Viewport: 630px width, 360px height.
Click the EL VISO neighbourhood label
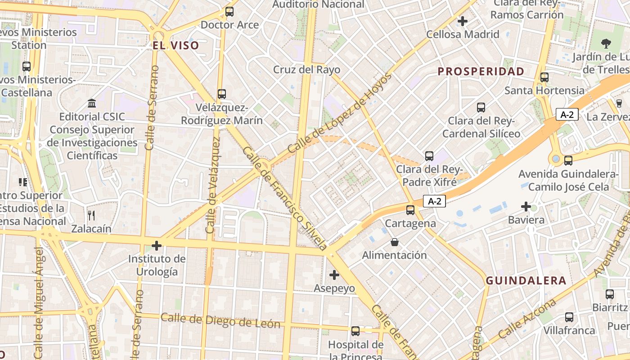tap(175, 45)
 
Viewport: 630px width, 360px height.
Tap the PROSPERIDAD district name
tap(481, 71)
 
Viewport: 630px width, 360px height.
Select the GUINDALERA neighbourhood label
tap(526, 281)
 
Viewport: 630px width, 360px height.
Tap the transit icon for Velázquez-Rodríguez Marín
tap(221, 94)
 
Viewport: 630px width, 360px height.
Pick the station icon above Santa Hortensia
tap(544, 77)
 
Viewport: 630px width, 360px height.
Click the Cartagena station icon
tap(410, 210)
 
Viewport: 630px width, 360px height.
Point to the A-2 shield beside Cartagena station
tap(434, 202)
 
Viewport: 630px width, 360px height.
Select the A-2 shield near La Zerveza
tap(567, 114)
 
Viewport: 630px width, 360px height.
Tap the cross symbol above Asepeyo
tap(334, 274)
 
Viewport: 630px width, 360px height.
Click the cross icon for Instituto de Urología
tap(157, 246)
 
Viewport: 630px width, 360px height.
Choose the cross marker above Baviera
tap(526, 207)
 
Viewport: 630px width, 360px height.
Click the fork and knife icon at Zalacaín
tap(91, 216)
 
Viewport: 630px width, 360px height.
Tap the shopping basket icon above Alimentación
tap(395, 242)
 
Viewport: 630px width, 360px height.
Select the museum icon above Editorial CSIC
tap(92, 103)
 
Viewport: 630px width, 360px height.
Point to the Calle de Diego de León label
tap(220, 321)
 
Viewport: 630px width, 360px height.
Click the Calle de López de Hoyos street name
tap(340, 112)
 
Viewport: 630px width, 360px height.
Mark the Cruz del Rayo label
tap(307, 70)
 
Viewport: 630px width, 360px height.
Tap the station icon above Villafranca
tap(569, 317)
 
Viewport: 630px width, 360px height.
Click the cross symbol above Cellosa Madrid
tap(463, 21)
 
